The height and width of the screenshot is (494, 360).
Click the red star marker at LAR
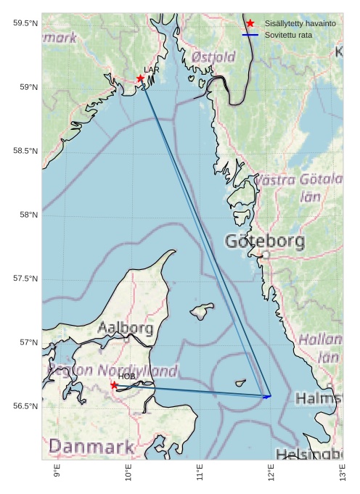point(140,78)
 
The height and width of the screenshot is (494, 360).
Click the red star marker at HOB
point(114,385)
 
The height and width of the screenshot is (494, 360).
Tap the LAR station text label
point(151,70)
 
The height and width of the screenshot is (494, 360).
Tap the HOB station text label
point(127,376)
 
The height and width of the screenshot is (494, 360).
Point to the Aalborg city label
point(125,329)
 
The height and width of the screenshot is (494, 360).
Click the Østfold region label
point(213,57)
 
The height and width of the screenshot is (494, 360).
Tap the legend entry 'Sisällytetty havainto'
point(300,24)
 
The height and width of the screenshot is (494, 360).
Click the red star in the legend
point(250,24)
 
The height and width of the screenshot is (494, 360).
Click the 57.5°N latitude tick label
point(25,279)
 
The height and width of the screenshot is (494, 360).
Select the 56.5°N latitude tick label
point(25,406)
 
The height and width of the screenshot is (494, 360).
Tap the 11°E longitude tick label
point(200,473)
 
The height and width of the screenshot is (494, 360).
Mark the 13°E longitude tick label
point(343,473)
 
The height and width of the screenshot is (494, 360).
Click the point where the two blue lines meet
point(269,396)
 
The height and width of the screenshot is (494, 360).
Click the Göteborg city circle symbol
point(266,255)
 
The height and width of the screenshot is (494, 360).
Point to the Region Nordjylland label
point(113,371)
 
